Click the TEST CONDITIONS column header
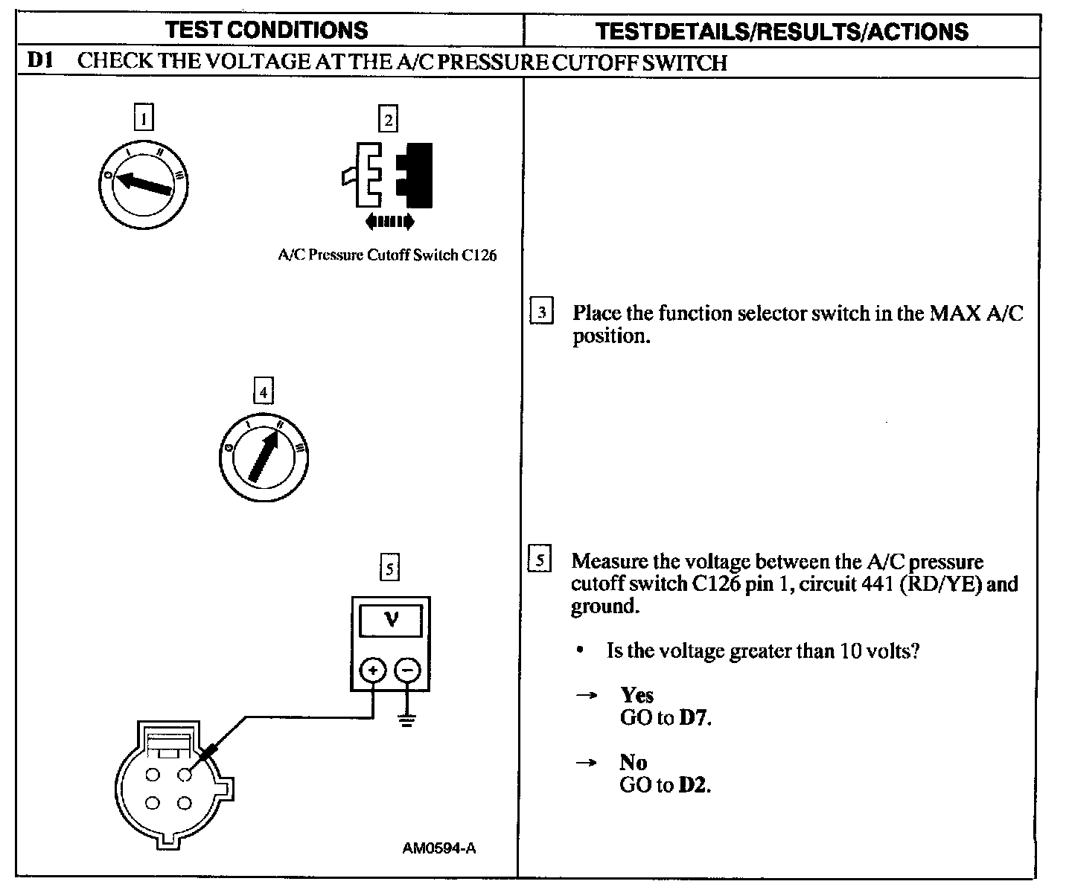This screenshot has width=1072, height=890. (267, 30)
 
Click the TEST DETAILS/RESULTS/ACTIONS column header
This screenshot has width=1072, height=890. (782, 31)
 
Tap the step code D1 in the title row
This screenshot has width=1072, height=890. (39, 61)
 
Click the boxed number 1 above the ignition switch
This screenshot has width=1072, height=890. (143, 118)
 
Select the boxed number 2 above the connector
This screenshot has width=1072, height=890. (388, 119)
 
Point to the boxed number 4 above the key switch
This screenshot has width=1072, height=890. (263, 391)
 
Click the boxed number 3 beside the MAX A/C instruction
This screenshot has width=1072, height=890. (541, 312)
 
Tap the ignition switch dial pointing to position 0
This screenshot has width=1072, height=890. (144, 182)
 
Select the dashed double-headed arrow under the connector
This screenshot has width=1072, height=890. (389, 221)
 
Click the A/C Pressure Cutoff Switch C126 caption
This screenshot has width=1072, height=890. (387, 255)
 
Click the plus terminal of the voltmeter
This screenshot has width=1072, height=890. (372, 670)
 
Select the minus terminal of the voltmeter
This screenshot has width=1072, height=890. (406, 670)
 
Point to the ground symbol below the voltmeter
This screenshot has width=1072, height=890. (406, 720)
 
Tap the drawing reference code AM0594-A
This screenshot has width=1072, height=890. (439, 848)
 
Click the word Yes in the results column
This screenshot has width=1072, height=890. (637, 695)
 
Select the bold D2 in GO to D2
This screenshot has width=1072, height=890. (694, 785)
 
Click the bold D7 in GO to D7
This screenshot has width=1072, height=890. (694, 718)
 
